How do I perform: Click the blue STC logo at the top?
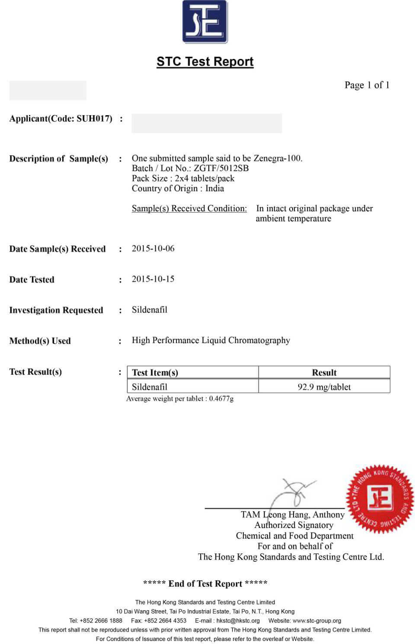(205, 22)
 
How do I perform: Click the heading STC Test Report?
(205, 62)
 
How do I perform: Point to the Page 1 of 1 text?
(367, 85)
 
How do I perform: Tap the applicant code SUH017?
(94, 119)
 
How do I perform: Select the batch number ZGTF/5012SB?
(221, 168)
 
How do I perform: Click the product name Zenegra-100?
(278, 158)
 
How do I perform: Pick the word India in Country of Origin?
(214, 188)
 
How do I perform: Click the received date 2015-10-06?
(153, 249)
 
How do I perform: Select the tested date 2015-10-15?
(153, 279)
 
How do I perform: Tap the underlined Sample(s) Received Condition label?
(189, 208)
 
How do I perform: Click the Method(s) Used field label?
(40, 341)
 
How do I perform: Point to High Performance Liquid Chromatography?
(211, 340)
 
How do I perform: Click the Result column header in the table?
(324, 372)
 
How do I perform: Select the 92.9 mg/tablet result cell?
(324, 387)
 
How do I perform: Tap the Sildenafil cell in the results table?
(150, 387)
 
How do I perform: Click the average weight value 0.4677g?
(221, 399)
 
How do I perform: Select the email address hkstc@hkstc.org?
(238, 621)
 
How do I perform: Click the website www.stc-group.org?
(317, 621)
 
